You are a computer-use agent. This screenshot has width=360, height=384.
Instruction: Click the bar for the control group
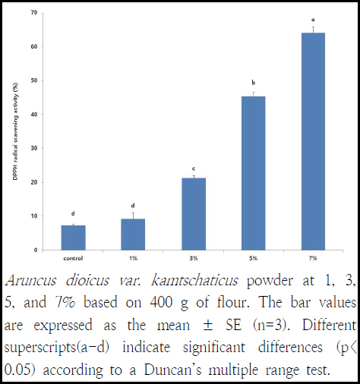[74, 238]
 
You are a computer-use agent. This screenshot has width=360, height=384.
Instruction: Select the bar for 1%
[134, 234]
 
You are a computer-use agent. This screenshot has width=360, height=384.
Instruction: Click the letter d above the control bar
[74, 213]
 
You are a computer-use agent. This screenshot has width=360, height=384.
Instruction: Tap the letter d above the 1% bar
[134, 205]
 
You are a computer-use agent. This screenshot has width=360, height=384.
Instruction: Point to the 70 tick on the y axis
[35, 13]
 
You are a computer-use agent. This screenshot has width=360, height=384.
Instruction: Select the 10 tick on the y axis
[35, 216]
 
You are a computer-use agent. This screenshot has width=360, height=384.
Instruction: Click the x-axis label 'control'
[74, 258]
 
